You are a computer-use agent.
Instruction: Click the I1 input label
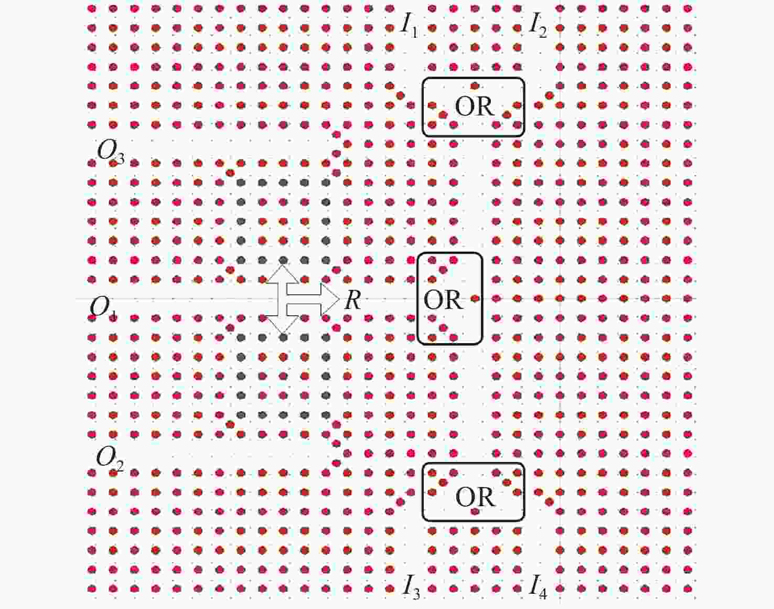point(410,26)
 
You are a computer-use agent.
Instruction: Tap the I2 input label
point(538,26)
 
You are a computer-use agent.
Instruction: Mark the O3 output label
point(111,152)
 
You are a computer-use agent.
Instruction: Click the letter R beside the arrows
point(352,300)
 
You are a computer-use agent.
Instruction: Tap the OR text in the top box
point(475,106)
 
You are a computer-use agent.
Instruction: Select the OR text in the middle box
point(443,300)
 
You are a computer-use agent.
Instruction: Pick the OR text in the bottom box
point(475,497)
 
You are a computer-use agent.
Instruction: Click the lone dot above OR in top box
point(475,86)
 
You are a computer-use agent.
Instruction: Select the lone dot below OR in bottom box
point(475,511)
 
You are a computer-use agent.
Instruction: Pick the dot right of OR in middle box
point(475,298)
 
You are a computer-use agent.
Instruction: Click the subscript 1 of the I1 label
point(414,33)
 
